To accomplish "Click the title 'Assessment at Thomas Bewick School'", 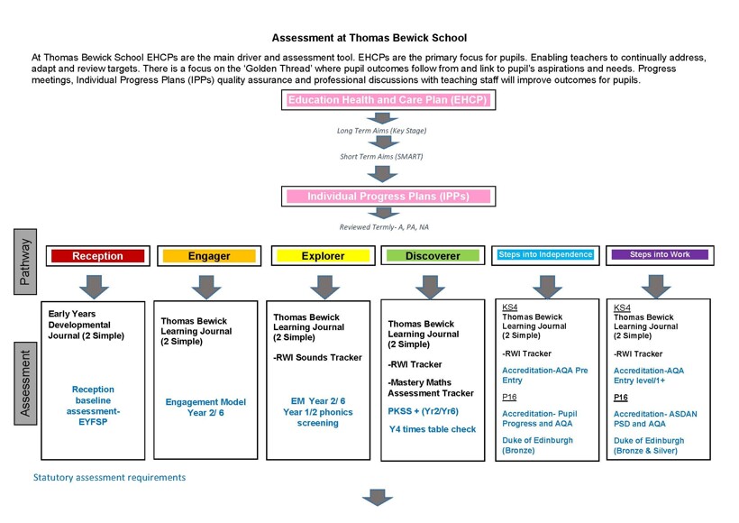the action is tap(369, 38).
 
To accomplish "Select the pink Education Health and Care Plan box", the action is tap(388, 100).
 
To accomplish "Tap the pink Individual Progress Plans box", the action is tap(388, 197).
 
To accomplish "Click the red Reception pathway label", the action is tap(97, 256).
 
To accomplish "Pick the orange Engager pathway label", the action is tap(209, 256).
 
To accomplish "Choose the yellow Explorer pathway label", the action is tap(324, 256).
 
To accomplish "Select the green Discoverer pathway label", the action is tap(433, 256).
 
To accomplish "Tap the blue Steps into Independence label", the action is tap(546, 255).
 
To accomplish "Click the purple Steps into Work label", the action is tap(660, 255).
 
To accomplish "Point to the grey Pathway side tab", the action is tap(25, 261).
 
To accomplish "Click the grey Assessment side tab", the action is tap(25, 383).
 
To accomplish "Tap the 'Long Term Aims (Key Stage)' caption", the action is tap(381, 131).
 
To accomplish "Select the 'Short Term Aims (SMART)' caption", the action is tap(381, 157).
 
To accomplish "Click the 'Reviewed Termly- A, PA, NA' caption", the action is tap(384, 227).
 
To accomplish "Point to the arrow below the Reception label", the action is tap(95, 286).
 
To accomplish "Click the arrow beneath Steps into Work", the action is tap(656, 286).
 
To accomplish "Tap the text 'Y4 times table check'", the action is tap(433, 429).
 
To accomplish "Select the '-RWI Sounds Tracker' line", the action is tap(317, 357).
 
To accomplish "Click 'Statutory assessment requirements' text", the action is tap(109, 478).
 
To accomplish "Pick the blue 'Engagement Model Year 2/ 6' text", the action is tap(205, 408).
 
